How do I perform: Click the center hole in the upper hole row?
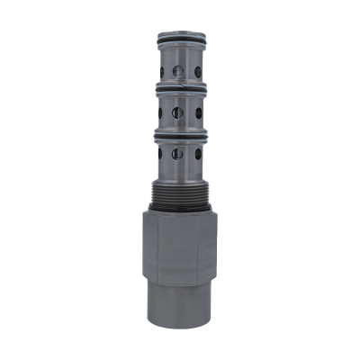178,71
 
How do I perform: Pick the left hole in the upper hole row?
161,70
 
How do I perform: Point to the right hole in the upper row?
197,70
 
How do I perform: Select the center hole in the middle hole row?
178,112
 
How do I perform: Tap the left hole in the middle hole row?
161,112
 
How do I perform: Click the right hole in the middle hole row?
197,112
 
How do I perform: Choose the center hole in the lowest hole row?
178,154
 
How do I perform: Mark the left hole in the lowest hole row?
161,154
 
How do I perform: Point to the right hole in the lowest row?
197,154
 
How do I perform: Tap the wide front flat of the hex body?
171,247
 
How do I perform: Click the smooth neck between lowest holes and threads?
179,173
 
